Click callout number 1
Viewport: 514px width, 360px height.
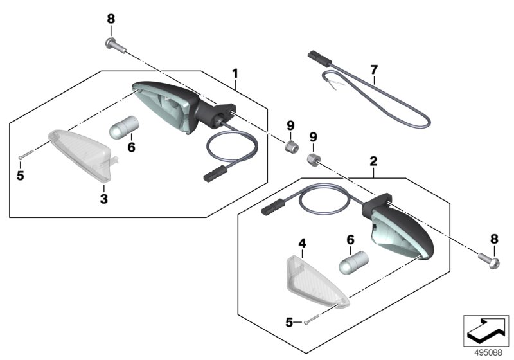click(235, 74)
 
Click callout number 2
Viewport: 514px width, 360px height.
click(373, 161)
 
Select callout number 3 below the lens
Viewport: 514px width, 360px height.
click(104, 199)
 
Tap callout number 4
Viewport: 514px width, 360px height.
click(302, 243)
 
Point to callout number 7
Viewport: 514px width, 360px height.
click(374, 69)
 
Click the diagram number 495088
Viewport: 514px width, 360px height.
click(488, 353)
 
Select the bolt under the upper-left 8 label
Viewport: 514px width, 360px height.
click(116, 45)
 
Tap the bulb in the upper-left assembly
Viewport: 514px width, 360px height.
click(123, 127)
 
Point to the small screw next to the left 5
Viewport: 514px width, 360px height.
click(26, 154)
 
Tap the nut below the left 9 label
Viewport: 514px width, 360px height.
click(292, 146)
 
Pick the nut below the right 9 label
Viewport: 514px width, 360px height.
click(313, 159)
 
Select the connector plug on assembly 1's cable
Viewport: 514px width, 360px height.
click(216, 174)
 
